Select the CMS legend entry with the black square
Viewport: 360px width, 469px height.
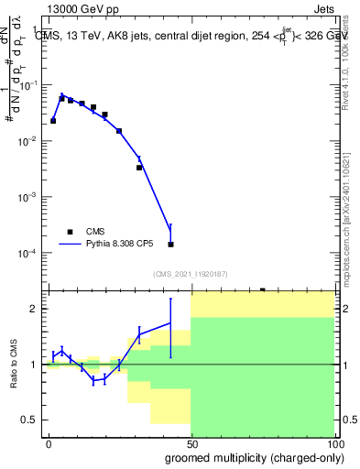point(83,232)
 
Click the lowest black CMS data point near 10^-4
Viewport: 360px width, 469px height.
point(171,245)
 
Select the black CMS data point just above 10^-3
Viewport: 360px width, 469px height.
point(139,168)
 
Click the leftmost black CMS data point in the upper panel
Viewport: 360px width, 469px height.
point(53,120)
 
